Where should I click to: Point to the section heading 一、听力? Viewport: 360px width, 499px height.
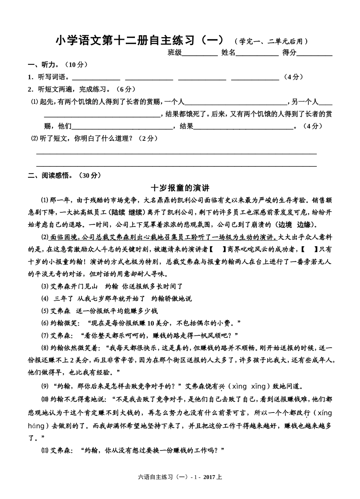tap(43, 65)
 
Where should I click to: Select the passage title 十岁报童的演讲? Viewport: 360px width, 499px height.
tap(180, 188)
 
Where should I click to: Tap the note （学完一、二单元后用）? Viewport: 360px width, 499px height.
tap(271, 41)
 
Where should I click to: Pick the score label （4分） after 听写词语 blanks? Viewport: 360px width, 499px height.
tap(293, 77)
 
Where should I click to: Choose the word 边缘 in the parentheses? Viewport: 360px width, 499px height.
tap(304, 224)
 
